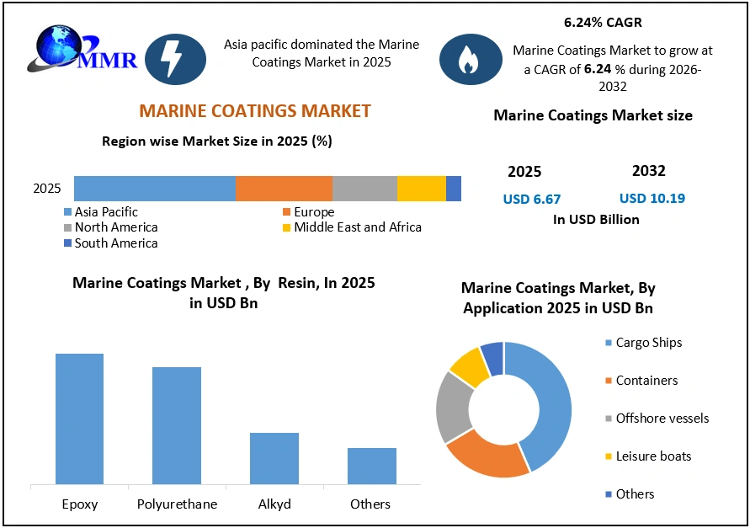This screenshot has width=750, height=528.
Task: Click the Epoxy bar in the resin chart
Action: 79,419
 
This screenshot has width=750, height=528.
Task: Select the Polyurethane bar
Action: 177,425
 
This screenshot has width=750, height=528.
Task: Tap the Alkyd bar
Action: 274,458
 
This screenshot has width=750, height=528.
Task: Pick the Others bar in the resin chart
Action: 371,466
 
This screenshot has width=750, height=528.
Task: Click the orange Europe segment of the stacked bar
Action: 284,189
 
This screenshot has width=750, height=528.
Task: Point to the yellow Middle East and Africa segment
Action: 421,189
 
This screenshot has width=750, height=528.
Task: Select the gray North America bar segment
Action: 364,189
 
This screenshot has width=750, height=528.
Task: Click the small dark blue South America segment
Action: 454,189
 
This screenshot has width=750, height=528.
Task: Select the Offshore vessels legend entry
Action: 662,419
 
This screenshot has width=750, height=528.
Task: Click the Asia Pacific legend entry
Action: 105,212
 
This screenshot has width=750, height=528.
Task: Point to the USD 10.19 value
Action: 652,199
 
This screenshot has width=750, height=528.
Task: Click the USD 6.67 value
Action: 531,200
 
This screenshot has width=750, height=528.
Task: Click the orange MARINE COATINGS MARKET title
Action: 254,111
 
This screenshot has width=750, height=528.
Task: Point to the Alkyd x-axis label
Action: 274,504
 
